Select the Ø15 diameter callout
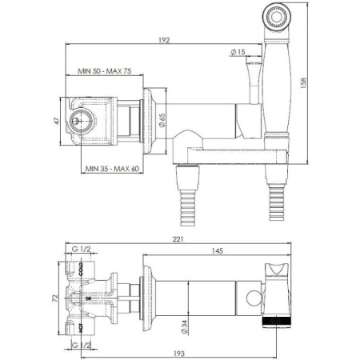[x=236, y=53]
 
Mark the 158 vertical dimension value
[x=302, y=82]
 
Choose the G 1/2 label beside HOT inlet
[x=82, y=344]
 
